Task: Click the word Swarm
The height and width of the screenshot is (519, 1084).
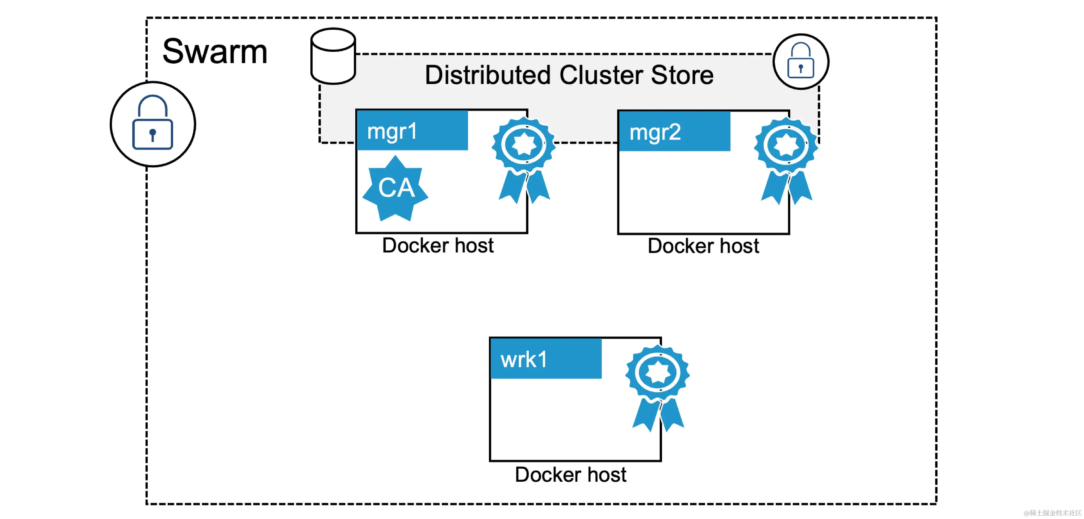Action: coord(215,52)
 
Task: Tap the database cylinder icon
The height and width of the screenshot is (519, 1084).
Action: coord(333,56)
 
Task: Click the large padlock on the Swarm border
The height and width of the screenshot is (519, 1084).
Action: coord(153,124)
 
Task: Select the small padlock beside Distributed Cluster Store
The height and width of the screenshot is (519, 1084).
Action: coord(800,62)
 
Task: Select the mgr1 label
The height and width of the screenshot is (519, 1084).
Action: coord(392,131)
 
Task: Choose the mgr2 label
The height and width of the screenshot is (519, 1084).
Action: coord(655,132)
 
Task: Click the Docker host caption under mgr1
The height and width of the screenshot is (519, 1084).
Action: coord(438,246)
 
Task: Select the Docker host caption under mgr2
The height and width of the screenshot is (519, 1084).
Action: coord(703,246)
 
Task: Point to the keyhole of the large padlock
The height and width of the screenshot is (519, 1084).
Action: coord(153,134)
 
